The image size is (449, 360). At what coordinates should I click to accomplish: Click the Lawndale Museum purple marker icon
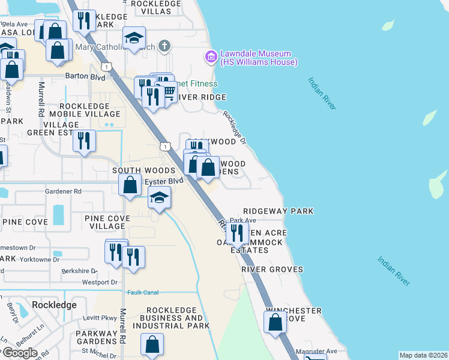click(x=211, y=58)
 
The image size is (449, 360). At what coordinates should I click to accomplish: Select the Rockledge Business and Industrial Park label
click(x=168, y=322)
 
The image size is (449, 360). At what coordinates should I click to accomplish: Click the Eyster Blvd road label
click(x=163, y=180)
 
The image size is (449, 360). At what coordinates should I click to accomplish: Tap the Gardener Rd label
click(x=63, y=191)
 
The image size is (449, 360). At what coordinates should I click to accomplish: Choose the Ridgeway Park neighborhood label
click(x=278, y=212)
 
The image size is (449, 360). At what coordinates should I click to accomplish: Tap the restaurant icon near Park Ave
click(x=238, y=233)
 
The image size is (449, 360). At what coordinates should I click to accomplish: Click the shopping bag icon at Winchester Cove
click(x=275, y=322)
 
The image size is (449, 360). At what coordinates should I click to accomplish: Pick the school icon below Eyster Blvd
click(x=160, y=197)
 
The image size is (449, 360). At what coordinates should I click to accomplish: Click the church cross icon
click(x=165, y=46)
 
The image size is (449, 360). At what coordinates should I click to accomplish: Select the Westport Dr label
click(x=99, y=282)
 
